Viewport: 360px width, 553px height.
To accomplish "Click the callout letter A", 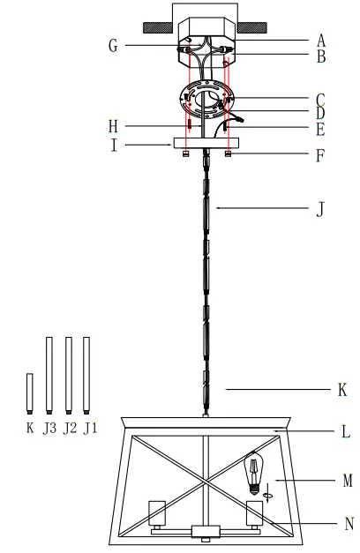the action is click(x=320, y=41).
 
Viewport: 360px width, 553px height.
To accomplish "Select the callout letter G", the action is click(x=113, y=46).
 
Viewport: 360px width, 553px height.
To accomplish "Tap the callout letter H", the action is click(x=113, y=126).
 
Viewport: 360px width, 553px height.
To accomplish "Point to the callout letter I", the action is click(x=114, y=145).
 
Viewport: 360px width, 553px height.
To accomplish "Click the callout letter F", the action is click(x=320, y=155).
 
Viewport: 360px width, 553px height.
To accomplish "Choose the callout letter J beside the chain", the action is click(x=320, y=209).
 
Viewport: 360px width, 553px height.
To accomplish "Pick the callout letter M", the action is click(x=348, y=481).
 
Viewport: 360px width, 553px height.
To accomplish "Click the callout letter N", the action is click(x=349, y=524).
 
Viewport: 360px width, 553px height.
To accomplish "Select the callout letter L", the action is click(x=346, y=431).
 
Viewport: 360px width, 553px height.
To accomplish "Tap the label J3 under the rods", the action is click(x=49, y=428).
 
